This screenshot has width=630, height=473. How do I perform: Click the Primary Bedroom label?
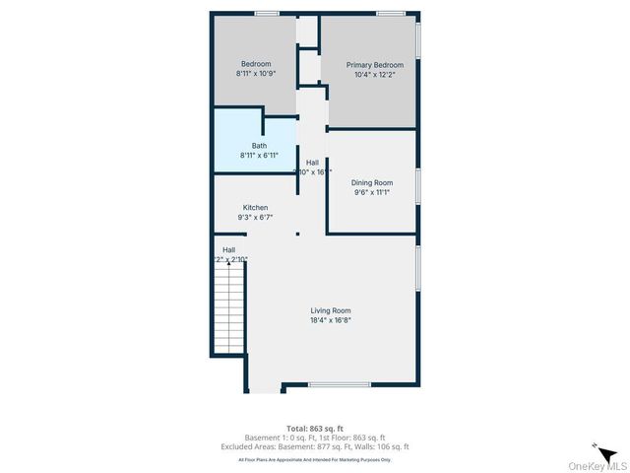pyautogui.click(x=374, y=65)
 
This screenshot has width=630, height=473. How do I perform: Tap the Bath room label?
pyautogui.click(x=259, y=146)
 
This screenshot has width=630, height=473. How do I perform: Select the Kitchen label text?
pyautogui.click(x=256, y=208)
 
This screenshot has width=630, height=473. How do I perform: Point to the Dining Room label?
pyautogui.click(x=372, y=182)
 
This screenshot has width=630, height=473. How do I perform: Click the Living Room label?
pyautogui.click(x=330, y=310)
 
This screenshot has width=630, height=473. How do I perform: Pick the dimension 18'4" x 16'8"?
pyautogui.click(x=330, y=320)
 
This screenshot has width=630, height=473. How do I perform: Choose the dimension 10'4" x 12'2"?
pyautogui.click(x=374, y=75)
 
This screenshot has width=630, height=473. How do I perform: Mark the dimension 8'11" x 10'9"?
pyautogui.click(x=256, y=74)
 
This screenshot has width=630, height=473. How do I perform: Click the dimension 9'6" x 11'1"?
pyautogui.click(x=372, y=192)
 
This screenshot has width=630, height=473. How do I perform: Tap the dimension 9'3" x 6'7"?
pyautogui.click(x=256, y=218)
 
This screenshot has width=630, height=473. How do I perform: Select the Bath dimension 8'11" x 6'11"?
pyautogui.click(x=259, y=156)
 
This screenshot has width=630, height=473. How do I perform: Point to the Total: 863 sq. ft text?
pyautogui.click(x=314, y=430)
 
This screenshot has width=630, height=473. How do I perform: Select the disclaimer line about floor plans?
pyautogui.click(x=314, y=459)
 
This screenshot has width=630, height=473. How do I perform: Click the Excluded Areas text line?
pyautogui.click(x=314, y=446)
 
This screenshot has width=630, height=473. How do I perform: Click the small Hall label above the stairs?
pyautogui.click(x=228, y=249)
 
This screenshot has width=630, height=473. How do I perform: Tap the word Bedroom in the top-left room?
pyautogui.click(x=256, y=64)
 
